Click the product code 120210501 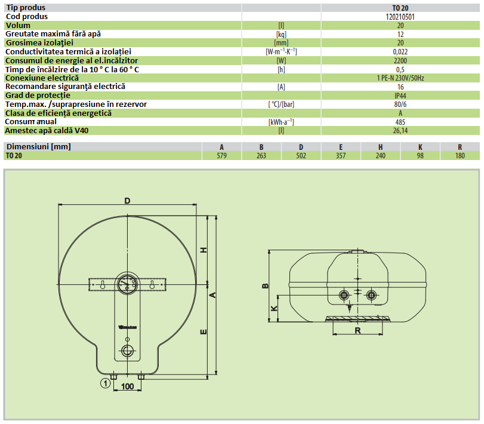tap(400, 17)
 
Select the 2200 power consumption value tap(400, 60)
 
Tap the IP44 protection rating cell tap(400, 96)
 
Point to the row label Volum tap(18, 25)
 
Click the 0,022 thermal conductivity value tap(400, 52)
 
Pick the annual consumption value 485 tap(400, 122)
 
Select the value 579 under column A tap(221, 156)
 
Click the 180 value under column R tap(460, 156)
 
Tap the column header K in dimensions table tap(420, 147)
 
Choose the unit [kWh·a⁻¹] tap(281, 122)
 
